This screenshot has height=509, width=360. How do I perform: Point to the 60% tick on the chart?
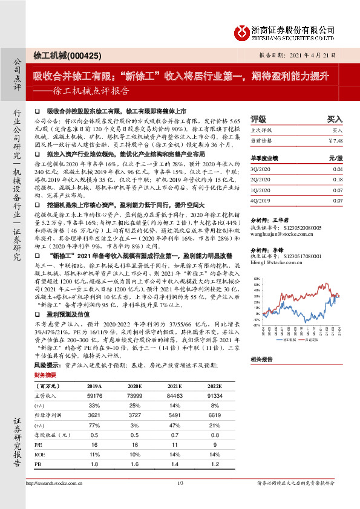[257, 279]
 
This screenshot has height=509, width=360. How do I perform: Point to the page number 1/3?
[180, 499]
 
